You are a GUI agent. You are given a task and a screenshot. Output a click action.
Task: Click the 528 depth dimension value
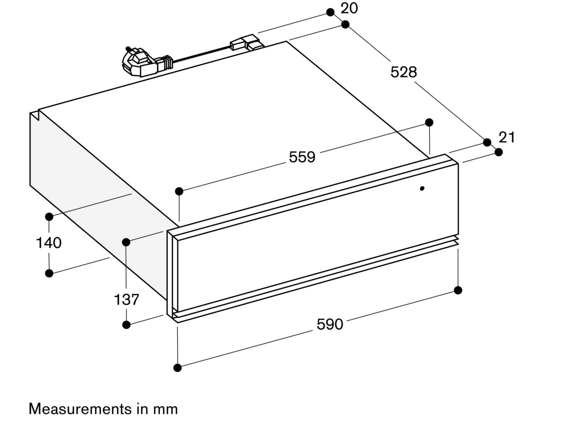[x=403, y=72]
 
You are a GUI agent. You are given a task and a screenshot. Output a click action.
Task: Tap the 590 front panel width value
[x=330, y=324]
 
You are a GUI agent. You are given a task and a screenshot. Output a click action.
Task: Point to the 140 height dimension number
[x=49, y=243]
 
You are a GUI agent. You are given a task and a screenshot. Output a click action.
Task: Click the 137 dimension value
[x=126, y=299]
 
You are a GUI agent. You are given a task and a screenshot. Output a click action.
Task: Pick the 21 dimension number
[x=507, y=137]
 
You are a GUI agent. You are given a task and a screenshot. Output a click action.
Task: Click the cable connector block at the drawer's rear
[x=247, y=42]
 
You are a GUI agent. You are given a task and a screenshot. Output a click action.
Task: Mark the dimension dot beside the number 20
[x=330, y=12]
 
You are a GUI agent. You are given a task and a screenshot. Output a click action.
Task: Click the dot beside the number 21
[x=499, y=152]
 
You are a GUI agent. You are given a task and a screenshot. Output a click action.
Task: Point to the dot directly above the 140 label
[x=49, y=217]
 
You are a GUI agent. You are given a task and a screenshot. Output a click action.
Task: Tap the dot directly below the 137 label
[x=126, y=325]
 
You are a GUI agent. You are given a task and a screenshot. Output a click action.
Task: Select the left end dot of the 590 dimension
[x=177, y=368]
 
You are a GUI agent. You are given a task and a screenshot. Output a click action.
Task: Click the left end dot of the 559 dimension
[x=179, y=191]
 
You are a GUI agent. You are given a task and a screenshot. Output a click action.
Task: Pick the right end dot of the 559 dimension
[x=429, y=122]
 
